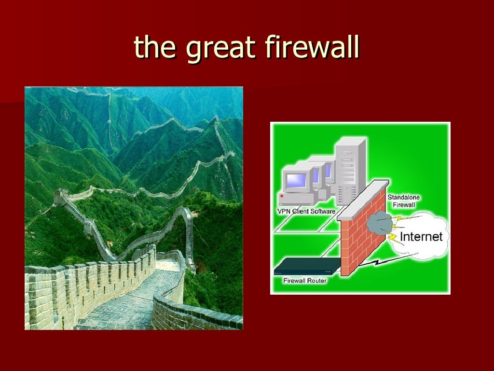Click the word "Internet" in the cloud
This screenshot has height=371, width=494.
coord(421,237)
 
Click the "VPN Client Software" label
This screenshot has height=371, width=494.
coord(306,211)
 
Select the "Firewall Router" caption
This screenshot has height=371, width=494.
coord(305,280)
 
